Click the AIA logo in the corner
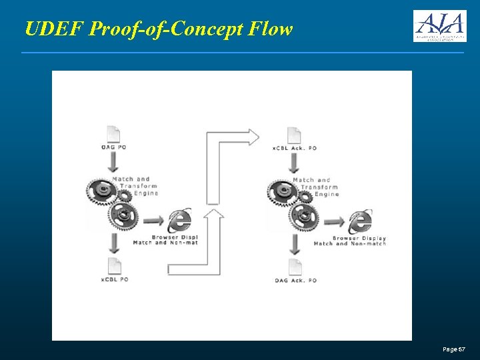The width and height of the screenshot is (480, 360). (439, 26)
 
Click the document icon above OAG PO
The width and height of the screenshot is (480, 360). (113, 134)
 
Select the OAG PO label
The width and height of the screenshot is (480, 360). (113, 147)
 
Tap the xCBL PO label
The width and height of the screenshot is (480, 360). (115, 280)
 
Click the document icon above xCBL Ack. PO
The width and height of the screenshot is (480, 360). (294, 135)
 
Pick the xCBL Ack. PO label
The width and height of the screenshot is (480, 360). (295, 147)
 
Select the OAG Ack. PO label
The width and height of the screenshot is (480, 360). (295, 281)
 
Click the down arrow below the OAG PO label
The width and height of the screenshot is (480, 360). (113, 162)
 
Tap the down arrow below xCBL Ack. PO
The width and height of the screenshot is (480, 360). (294, 163)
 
